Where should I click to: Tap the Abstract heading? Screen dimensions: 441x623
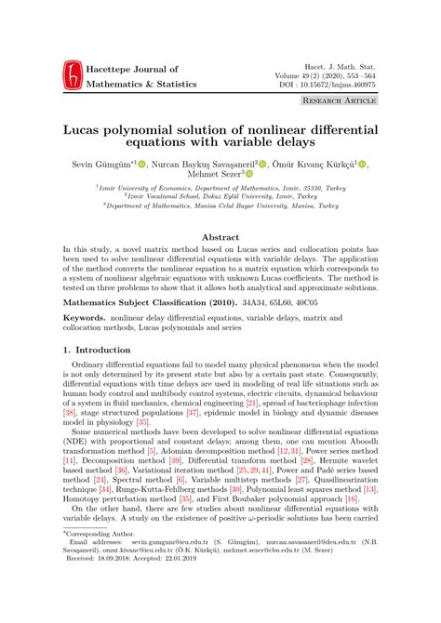pyautogui.click(x=220, y=237)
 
